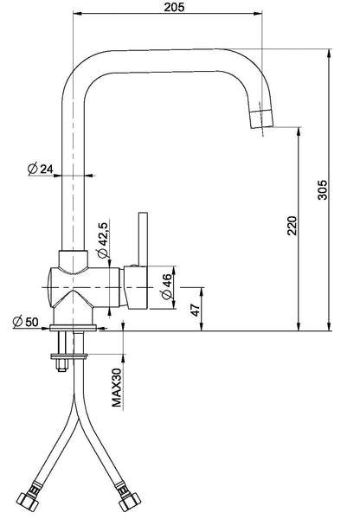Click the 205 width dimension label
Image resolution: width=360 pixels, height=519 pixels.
click(x=174, y=7)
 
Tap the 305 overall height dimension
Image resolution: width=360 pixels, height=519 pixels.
click(x=322, y=189)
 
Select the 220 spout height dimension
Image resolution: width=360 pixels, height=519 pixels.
click(x=292, y=226)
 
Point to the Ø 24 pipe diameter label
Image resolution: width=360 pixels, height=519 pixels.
click(x=40, y=169)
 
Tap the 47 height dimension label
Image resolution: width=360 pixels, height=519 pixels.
click(x=196, y=310)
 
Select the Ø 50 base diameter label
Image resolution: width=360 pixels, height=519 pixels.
click(x=25, y=322)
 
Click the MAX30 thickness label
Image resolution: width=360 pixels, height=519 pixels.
click(x=117, y=388)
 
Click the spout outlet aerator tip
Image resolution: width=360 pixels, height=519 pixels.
click(x=261, y=119)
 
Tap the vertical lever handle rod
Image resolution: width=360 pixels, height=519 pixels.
click(x=143, y=239)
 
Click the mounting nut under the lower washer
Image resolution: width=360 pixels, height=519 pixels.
click(x=61, y=365)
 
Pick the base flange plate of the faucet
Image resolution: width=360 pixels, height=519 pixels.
click(x=73, y=328)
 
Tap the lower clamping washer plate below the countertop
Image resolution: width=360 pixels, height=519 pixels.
click(x=69, y=356)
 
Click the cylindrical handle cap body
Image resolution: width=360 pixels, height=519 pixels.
click(x=136, y=288)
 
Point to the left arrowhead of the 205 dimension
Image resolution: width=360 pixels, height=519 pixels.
click(x=77, y=14)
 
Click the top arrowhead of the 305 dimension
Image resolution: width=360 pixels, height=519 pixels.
click(x=329, y=54)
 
